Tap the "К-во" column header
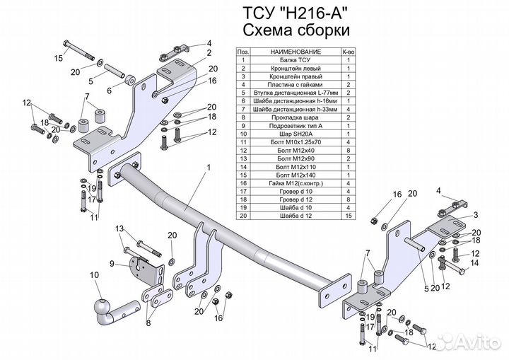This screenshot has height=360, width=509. pyautogui.click(x=348, y=52)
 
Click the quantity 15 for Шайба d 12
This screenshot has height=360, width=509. pyautogui.click(x=348, y=215)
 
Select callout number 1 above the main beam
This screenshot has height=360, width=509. pyautogui.click(x=209, y=168)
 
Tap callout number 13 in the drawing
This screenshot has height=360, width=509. pyautogui.click(x=119, y=228)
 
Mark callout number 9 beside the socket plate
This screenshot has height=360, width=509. pyautogui.click(x=111, y=264)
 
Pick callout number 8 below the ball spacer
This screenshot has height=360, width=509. pyautogui.click(x=148, y=323)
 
